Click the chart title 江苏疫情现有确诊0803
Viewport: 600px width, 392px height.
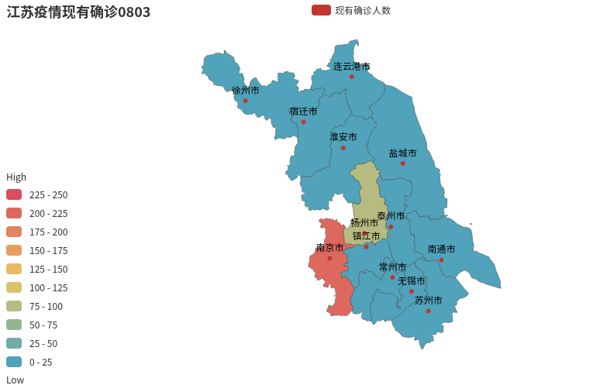click(78, 12)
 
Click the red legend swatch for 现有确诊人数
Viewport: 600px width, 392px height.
click(321, 10)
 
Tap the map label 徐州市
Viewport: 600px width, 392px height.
click(246, 91)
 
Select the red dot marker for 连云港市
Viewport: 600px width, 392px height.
click(351, 77)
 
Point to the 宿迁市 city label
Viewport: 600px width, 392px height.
click(303, 112)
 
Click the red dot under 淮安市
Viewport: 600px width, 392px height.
click(343, 148)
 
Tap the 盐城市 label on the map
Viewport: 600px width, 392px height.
click(402, 153)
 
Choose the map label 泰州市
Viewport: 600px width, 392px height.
click(391, 216)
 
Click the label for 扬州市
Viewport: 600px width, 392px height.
click(364, 223)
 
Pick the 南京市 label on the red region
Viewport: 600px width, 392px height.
click(329, 248)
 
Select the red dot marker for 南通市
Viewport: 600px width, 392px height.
click(441, 260)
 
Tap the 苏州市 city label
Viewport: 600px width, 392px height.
click(428, 301)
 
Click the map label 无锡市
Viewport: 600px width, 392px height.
click(412, 281)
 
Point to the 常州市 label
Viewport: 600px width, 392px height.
click(392, 267)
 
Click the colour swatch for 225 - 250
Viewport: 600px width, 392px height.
click(14, 194)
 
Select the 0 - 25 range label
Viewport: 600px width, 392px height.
click(41, 362)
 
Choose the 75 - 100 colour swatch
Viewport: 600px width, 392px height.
click(14, 306)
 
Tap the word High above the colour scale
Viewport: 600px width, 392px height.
click(16, 177)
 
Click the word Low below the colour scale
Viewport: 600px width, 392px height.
click(16, 380)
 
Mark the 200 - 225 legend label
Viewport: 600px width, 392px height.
click(48, 213)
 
